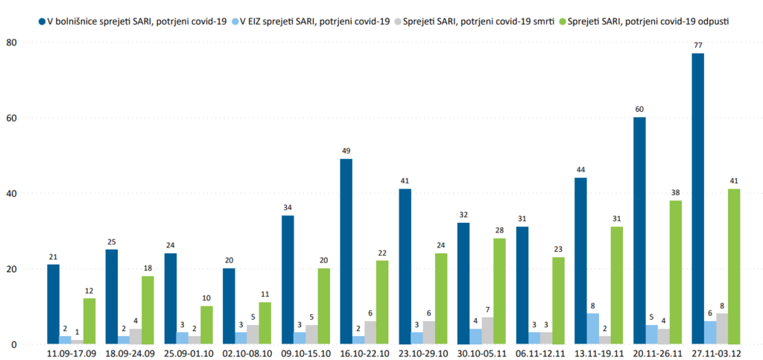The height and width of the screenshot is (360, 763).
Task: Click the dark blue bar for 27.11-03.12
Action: [x=698, y=199]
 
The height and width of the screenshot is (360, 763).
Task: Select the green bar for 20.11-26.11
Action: [x=675, y=272]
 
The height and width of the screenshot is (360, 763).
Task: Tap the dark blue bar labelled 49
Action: [x=346, y=251]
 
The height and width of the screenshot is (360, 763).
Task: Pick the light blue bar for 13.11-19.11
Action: [x=593, y=329]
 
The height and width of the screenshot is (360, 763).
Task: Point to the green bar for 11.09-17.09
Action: [x=89, y=321]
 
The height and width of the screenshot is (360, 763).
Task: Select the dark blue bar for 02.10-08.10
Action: [x=229, y=306]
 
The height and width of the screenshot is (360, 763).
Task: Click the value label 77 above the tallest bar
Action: [x=698, y=45]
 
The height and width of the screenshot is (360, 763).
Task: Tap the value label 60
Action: [x=639, y=110]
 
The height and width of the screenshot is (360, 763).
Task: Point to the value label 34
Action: [x=288, y=208]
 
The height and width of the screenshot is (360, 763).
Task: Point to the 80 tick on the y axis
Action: [x=11, y=42]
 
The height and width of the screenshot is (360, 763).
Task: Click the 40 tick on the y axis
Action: [x=11, y=194]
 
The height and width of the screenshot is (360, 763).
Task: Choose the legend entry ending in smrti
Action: [x=476, y=22]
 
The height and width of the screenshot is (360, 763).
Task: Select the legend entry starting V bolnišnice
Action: [x=137, y=22]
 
